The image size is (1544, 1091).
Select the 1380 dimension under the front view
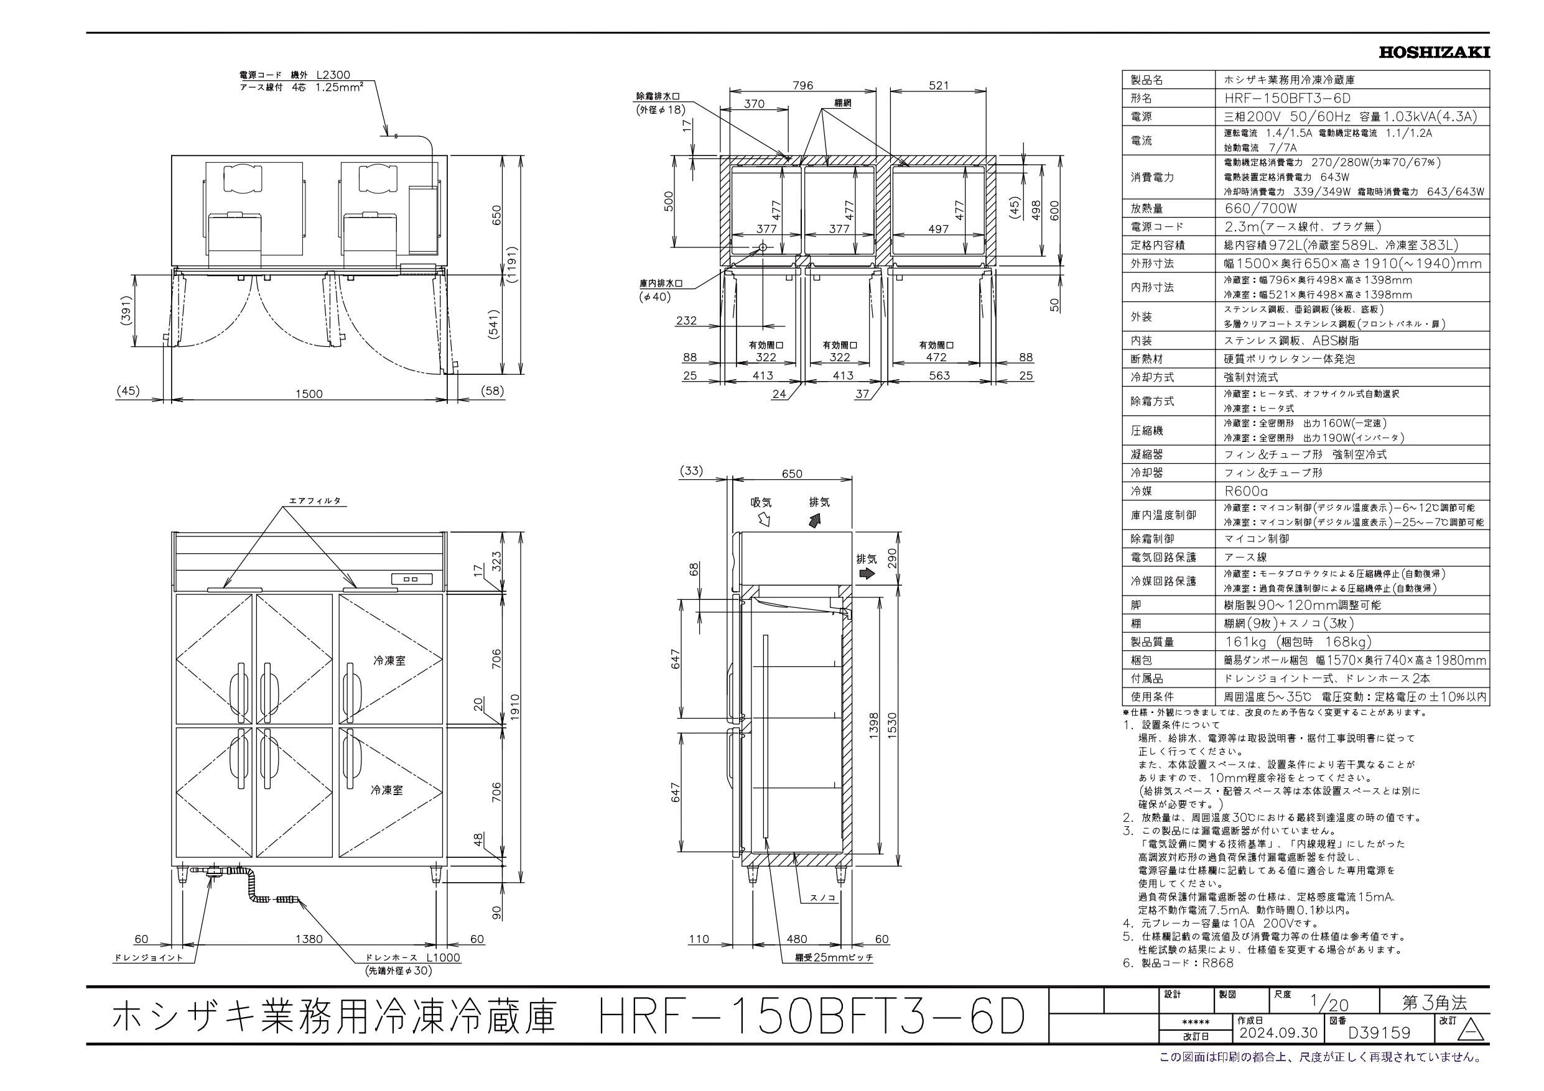pyautogui.click(x=308, y=939)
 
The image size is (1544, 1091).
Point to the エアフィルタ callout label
pyautogui.click(x=315, y=501)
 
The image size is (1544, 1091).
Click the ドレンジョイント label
pyautogui.click(x=148, y=958)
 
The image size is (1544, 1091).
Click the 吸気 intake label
pyautogui.click(x=761, y=502)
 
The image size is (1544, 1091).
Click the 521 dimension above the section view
pyautogui.click(x=938, y=85)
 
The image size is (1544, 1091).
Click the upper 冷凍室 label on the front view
pyautogui.click(x=389, y=661)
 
